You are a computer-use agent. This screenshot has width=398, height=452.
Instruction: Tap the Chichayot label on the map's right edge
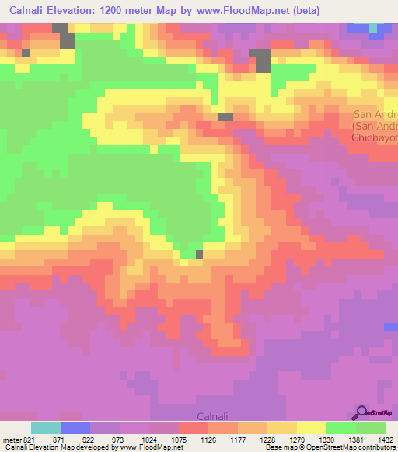pyautogui.click(x=374, y=137)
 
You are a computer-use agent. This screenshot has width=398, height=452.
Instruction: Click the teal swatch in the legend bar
pyautogui.click(x=46, y=428)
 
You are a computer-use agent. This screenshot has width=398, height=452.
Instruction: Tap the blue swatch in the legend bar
pyautogui.click(x=75, y=428)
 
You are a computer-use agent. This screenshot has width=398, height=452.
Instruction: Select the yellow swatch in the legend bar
pyautogui.click(x=311, y=428)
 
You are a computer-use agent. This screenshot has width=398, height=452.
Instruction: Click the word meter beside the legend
pyautogui.click(x=11, y=439)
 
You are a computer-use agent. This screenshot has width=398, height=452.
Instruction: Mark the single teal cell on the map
pyautogui.click(x=373, y=27)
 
